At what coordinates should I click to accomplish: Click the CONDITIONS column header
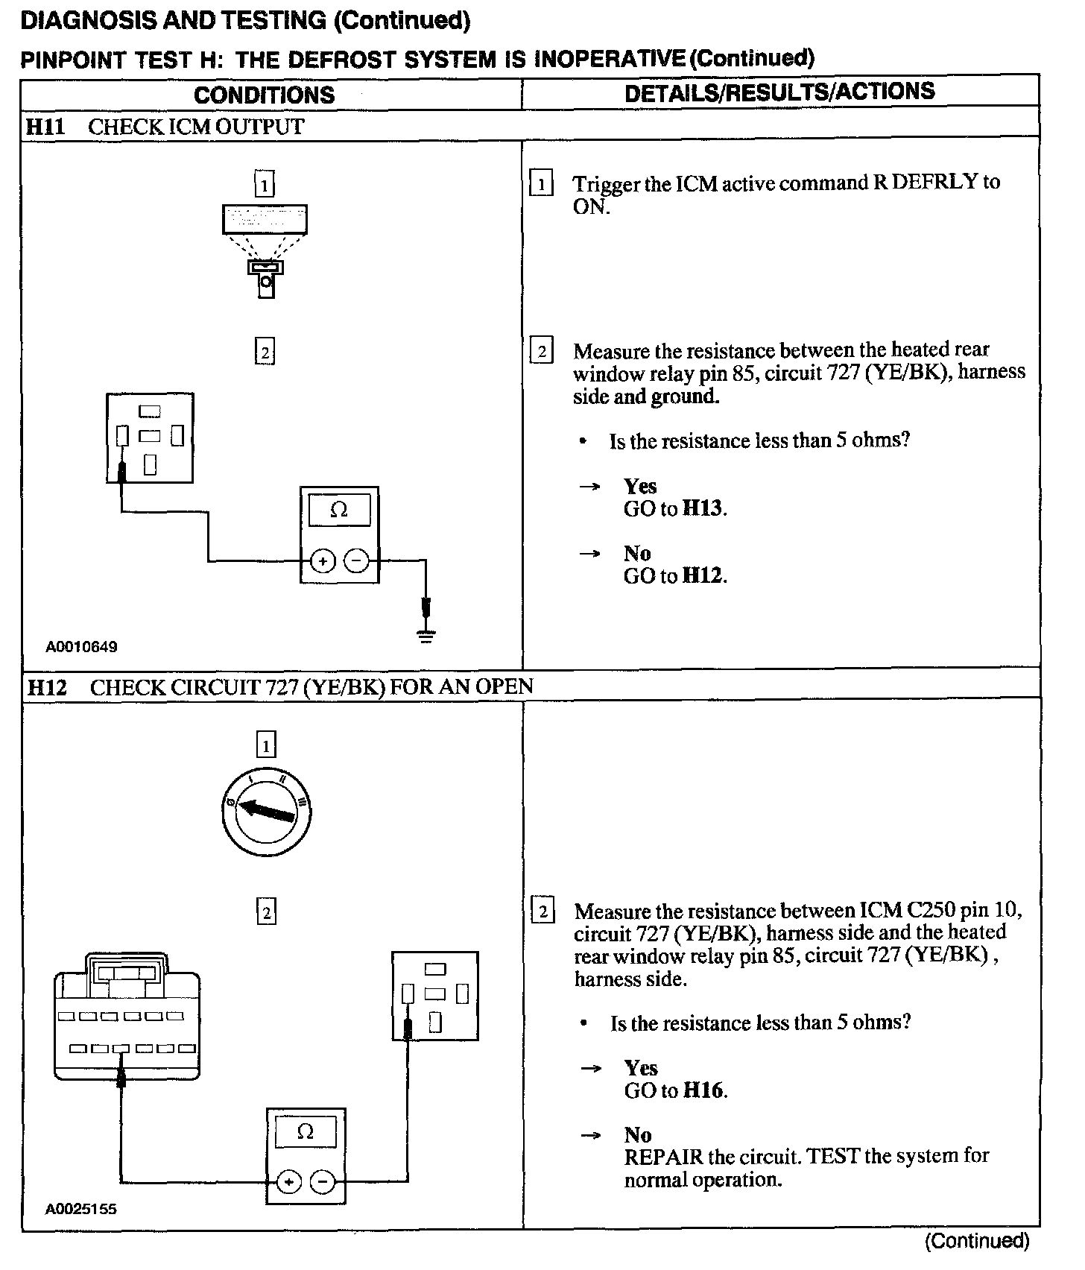point(264,95)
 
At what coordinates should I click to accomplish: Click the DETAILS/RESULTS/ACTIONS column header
point(779,92)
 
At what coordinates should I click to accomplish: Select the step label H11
point(45,127)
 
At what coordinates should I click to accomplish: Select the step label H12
point(46,686)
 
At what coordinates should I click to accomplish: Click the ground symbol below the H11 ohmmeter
point(426,635)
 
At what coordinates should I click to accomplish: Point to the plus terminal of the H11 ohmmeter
point(323,560)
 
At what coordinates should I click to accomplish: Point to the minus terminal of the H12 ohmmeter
point(322,1182)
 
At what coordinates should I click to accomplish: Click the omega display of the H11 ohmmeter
point(339,511)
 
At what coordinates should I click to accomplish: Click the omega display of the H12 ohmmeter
point(306,1133)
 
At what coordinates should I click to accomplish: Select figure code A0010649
point(81,647)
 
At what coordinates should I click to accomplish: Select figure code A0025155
point(81,1209)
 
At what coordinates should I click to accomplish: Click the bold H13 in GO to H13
point(703,509)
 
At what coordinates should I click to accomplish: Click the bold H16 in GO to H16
point(703,1091)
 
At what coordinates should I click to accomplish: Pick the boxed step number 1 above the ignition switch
point(265,745)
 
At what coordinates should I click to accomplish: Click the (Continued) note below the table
point(976,1241)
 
